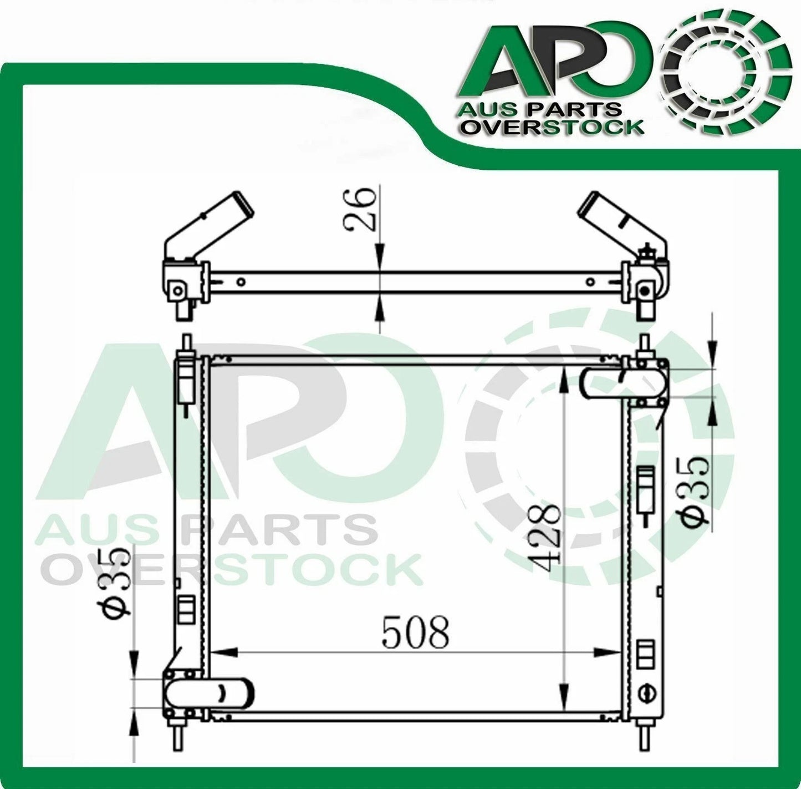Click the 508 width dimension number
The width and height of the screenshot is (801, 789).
tap(415, 633)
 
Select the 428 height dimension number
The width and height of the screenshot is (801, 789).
tap(545, 534)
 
